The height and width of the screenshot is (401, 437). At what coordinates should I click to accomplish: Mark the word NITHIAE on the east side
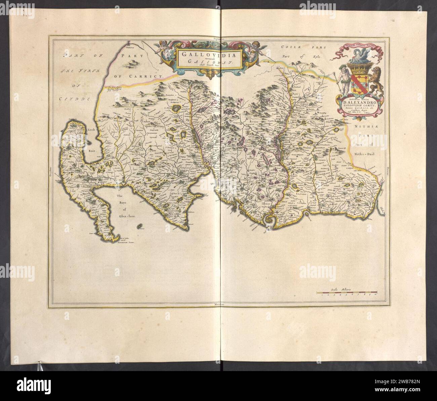pos(367,127)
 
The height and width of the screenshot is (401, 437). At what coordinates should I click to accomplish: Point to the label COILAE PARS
pos(296,49)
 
